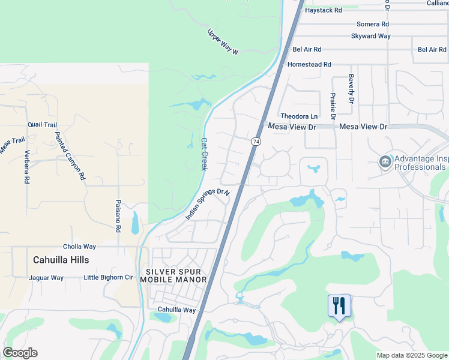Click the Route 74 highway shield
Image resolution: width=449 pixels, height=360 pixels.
[256, 141]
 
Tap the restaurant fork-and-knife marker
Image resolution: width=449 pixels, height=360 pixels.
[339, 306]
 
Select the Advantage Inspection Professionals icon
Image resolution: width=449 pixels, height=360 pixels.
[385, 161]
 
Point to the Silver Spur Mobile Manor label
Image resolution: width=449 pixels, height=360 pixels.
[173, 275]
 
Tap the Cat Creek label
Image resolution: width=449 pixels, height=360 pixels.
[204, 154]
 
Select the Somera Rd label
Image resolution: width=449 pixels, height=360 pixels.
[373, 24]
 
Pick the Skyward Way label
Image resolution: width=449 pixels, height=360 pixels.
[371, 36]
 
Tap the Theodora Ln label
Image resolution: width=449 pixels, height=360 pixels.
[299, 116]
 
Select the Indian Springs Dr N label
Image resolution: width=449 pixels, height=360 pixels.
[208, 204]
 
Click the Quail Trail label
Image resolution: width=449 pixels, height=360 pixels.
[42, 125]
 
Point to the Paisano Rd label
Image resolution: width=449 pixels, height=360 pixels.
[118, 216]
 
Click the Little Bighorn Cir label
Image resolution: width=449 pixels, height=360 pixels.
[108, 277]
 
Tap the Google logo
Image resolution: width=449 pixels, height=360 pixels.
[20, 353]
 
